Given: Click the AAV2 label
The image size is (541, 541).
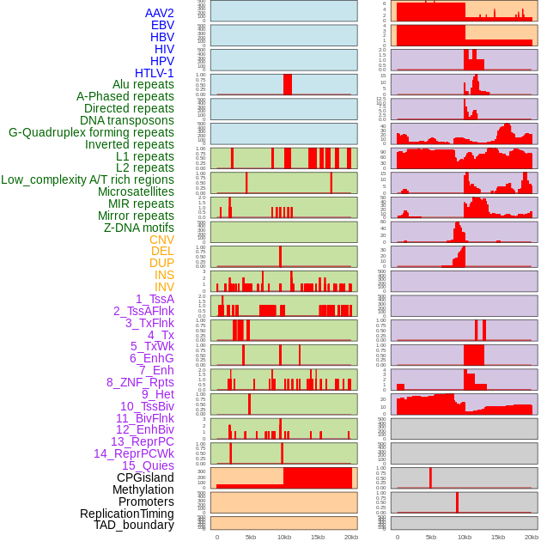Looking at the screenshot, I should click(x=160, y=13).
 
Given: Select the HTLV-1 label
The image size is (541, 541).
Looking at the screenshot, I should click(x=155, y=73).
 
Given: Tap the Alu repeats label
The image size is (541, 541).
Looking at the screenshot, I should click(x=143, y=84).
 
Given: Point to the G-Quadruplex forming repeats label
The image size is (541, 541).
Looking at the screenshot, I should click(x=91, y=132).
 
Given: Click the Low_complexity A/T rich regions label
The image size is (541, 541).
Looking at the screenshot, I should click(x=88, y=179).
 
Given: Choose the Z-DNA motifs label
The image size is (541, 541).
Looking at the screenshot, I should click(x=139, y=228).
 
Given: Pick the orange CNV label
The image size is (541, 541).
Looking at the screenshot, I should click(x=161, y=240).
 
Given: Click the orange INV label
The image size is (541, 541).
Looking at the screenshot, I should click(x=164, y=287).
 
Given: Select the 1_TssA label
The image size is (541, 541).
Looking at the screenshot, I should click(x=155, y=299).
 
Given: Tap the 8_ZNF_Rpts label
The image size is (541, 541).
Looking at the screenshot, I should click(x=140, y=382).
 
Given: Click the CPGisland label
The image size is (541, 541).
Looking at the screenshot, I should click(x=145, y=477).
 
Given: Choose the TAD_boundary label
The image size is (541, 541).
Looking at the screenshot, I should click(x=134, y=525).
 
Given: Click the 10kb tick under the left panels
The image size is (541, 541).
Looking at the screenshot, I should click(x=284, y=537).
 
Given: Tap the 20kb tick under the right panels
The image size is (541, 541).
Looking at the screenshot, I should click(x=532, y=537).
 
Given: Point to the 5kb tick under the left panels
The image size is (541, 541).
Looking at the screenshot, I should click(x=251, y=537).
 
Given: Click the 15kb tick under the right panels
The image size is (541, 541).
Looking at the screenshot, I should click(x=498, y=537).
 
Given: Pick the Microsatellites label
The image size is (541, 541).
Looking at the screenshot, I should click(x=136, y=191).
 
